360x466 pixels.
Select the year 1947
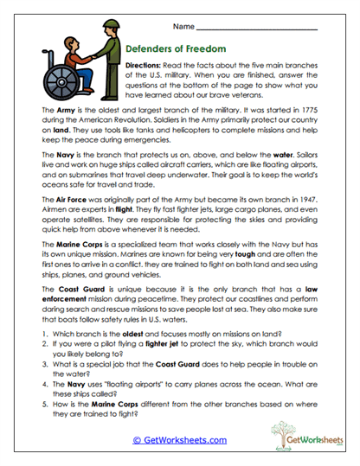point(305,199)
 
